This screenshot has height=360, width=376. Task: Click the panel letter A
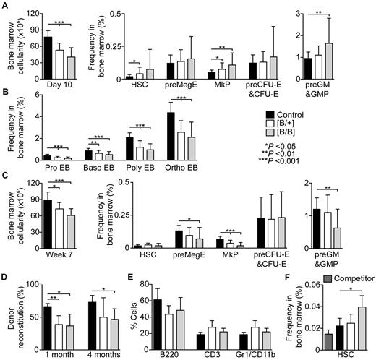[5, 5]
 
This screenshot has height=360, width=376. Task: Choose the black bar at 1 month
[48, 323]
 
